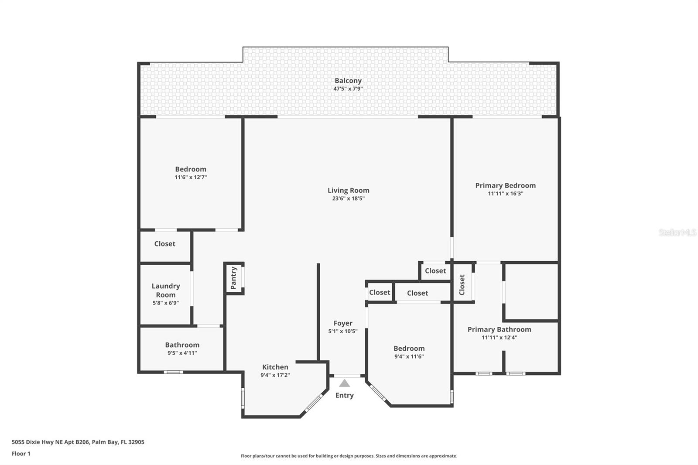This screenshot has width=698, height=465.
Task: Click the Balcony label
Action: tap(348, 81)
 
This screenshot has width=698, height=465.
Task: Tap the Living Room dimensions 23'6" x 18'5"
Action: tap(348, 198)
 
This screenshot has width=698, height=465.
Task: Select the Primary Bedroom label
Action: tap(505, 185)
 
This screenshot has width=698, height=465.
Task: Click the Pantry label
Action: tap(233, 278)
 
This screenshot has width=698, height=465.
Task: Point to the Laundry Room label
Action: tap(165, 290)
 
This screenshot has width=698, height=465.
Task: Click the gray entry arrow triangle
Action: tap(345, 383)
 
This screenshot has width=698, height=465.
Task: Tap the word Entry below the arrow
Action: tap(344, 395)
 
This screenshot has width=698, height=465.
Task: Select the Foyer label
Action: tap(342, 323)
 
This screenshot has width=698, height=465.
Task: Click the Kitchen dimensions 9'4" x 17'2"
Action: tap(275, 375)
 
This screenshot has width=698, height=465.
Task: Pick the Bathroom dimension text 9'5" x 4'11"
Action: tap(182, 353)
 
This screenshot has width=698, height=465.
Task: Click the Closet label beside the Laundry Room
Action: tap(164, 244)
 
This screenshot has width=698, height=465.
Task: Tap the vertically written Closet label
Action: tap(462, 284)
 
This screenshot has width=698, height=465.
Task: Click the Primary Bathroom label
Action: tap(499, 329)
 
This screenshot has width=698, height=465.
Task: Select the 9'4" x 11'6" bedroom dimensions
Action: tap(409, 356)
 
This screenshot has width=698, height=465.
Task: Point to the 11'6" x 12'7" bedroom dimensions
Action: tap(191, 177)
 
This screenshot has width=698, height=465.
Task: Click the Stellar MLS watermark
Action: tap(677, 232)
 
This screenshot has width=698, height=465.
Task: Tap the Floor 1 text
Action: tap(21, 454)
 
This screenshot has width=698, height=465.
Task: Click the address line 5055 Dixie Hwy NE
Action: tap(78, 442)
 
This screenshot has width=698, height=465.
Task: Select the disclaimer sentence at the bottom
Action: tap(349, 456)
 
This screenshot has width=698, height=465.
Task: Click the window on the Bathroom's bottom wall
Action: tap(173, 372)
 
